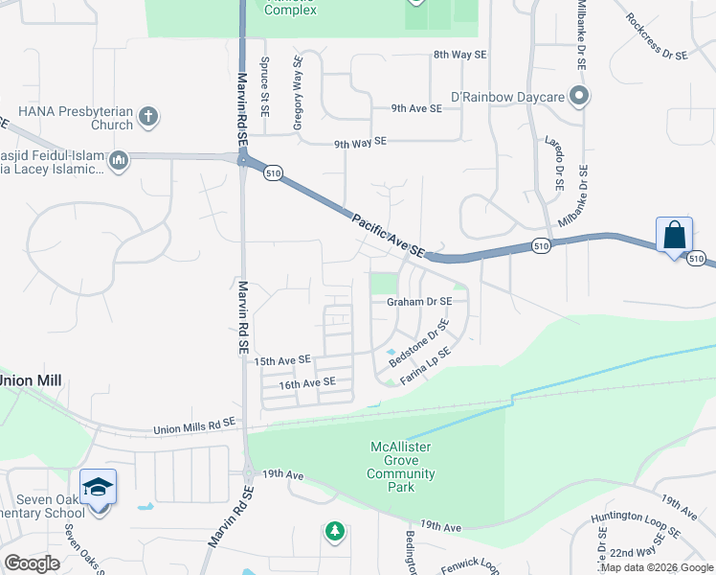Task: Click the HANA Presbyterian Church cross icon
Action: click(147, 117)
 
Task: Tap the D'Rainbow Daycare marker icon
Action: click(578, 97)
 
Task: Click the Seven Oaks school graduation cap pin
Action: click(98, 489)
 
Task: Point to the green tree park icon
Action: click(334, 530)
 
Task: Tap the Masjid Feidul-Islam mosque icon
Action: click(119, 160)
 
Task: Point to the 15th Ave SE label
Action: click(282, 360)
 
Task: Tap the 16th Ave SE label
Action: click(307, 382)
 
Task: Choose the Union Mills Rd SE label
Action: click(192, 425)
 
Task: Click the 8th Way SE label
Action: click(459, 56)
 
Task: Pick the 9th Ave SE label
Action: click(416, 109)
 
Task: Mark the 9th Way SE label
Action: click(359, 142)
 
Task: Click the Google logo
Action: click(33, 563)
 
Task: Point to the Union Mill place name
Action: click(31, 380)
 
